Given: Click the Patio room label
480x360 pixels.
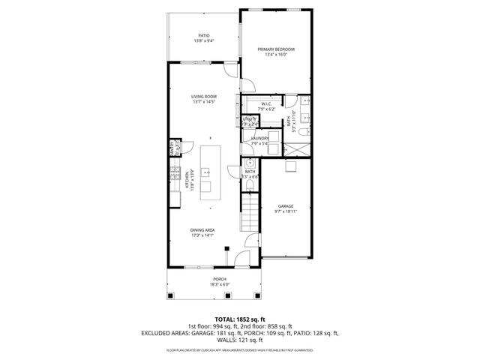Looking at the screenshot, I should coord(203,35).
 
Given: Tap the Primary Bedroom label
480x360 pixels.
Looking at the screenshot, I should coord(276,49).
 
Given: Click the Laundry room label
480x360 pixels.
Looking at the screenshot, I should coord(260,138).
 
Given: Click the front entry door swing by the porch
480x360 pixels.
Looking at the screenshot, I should coord(239,260).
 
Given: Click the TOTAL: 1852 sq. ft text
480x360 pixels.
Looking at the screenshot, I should coord(239,319).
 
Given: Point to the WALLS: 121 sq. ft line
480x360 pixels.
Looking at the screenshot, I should coord(239,340).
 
